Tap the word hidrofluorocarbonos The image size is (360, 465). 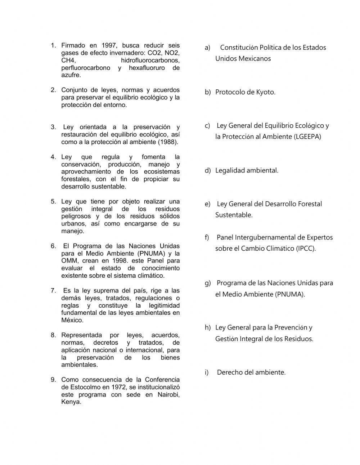(x=150, y=61)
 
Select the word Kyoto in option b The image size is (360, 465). (x=265, y=92)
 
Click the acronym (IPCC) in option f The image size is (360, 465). (x=306, y=249)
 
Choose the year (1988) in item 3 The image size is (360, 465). (x=168, y=142)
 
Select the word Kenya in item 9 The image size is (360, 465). (x=71, y=402)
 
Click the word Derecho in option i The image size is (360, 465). (x=229, y=372)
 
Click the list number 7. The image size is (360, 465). (x=53, y=291)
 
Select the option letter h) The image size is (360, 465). (x=207, y=327)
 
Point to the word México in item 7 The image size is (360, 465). (x=72, y=320)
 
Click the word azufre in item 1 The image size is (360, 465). (x=71, y=75)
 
